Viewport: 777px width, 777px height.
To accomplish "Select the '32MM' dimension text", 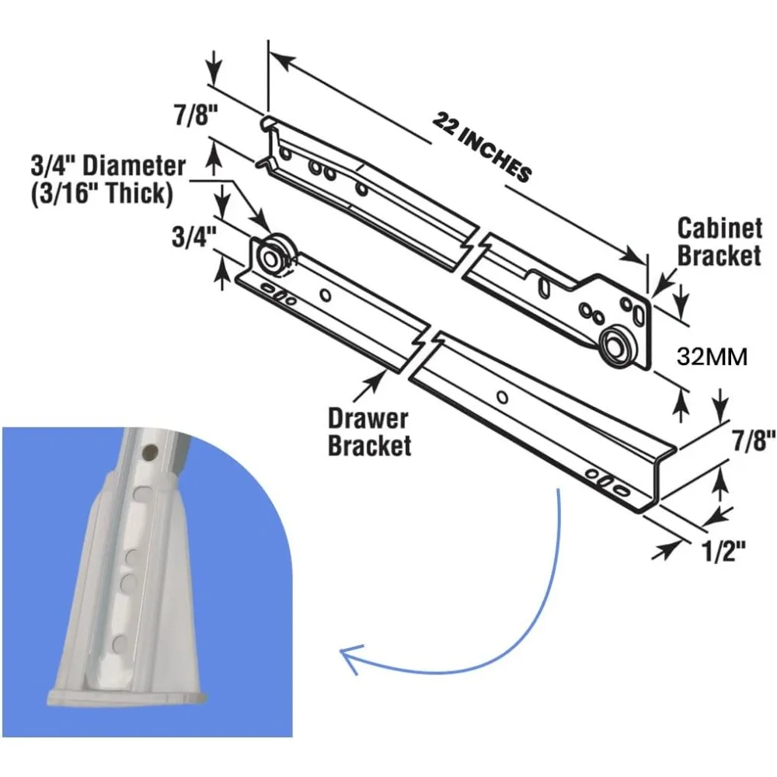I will coord(712,357).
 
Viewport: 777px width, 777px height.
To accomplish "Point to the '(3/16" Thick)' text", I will coord(101,193).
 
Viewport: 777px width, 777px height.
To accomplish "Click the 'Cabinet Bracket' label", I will coord(719,242).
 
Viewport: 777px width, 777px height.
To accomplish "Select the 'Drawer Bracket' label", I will coord(368,432).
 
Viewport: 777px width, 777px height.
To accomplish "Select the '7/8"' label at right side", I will coord(751,442).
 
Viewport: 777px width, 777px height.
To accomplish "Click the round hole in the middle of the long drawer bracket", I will coord(503,397).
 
